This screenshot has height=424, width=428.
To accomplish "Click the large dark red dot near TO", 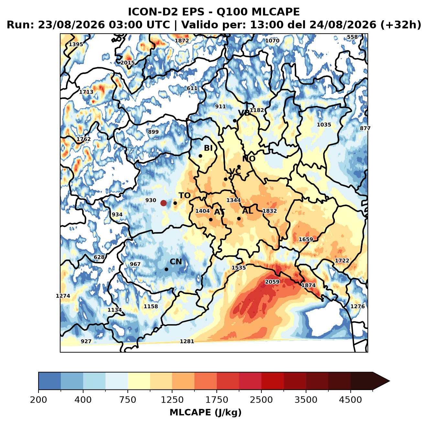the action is [x=163, y=203].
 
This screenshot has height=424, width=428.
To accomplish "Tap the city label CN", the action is [x=176, y=262].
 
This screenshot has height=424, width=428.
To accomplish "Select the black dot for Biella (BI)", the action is [x=200, y=156].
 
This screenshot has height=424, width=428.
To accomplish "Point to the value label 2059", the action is [x=272, y=282].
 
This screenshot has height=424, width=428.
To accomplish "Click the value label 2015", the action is [x=127, y=63].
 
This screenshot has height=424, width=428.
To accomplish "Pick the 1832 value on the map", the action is [x=269, y=211].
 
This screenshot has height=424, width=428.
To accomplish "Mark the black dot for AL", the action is [x=239, y=218].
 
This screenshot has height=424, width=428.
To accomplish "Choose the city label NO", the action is [x=249, y=159].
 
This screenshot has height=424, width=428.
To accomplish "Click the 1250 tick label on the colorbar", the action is [x=172, y=400].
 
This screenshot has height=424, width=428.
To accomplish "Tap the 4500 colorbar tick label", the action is [x=350, y=400].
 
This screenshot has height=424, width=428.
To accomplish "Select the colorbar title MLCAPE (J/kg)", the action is [x=205, y=413].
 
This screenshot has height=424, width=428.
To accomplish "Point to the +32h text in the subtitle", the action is [x=401, y=25].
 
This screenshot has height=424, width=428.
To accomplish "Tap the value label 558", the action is [x=352, y=37].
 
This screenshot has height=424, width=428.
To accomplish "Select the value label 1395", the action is [x=76, y=44].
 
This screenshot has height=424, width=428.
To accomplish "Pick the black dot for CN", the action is [x=166, y=269].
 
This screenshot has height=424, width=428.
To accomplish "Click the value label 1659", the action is [x=306, y=239].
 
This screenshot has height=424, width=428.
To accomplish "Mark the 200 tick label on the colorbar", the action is [x=38, y=400].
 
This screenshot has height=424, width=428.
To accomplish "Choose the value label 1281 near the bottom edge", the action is [x=187, y=341].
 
